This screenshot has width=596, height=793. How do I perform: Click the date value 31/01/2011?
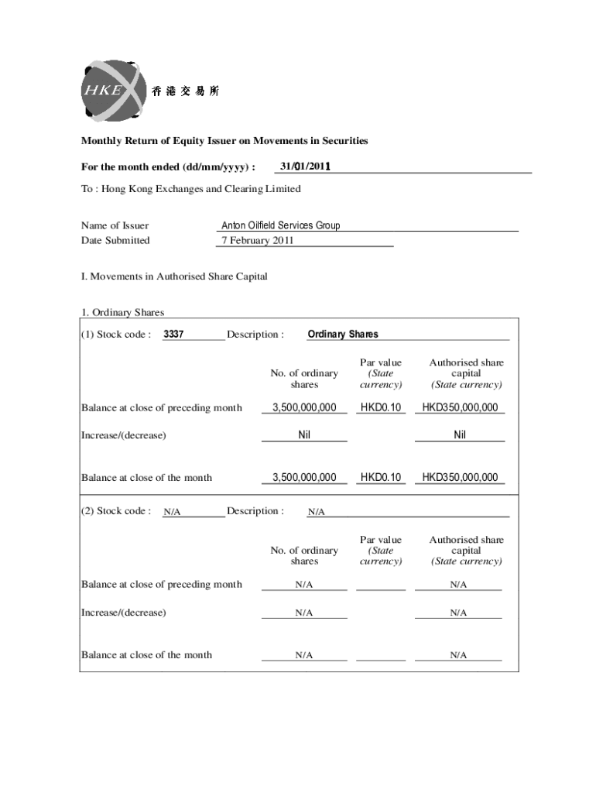305,166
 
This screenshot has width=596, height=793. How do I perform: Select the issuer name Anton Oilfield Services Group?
280,225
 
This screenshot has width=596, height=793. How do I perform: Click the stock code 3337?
173,335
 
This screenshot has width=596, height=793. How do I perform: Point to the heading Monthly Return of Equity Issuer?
224,141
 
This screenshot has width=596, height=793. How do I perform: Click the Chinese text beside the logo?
186,91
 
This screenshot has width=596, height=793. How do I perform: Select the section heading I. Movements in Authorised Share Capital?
174,276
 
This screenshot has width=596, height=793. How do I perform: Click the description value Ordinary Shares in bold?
343,335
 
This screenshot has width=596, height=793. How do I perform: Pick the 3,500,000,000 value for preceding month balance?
304,407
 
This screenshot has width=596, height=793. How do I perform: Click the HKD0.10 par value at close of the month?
381,477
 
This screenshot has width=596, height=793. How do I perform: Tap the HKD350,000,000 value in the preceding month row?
460,407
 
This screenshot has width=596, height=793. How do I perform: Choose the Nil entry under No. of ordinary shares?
304,435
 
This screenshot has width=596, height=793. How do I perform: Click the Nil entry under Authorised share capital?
460,435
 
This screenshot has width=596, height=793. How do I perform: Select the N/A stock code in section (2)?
173,512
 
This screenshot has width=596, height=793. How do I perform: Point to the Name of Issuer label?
115,225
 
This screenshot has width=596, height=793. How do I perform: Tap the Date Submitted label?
115,240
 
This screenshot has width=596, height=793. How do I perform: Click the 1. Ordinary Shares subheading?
123,313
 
